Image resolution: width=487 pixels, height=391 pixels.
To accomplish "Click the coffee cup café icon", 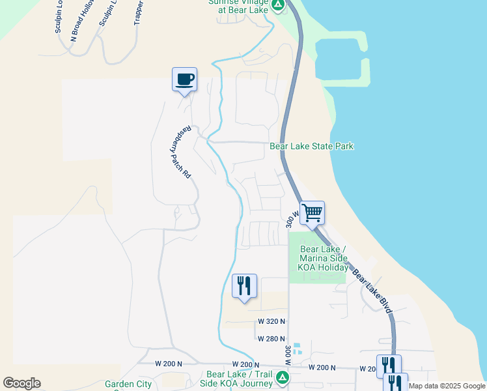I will (x=184, y=80).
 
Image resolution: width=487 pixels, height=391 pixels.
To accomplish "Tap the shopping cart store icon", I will (x=313, y=212).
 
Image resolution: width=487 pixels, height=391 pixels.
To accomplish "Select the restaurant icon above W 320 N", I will (x=244, y=286).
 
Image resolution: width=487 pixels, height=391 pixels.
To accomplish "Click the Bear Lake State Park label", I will (x=312, y=146).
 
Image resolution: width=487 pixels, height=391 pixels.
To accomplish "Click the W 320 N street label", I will (x=271, y=321).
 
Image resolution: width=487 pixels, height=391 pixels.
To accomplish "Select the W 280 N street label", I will (x=271, y=339).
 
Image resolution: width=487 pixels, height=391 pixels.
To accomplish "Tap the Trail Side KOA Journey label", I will (x=238, y=379).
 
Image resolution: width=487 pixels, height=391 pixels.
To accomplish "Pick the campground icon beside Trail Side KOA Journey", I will (x=282, y=377).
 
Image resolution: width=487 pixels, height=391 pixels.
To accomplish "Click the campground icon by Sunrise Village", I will (x=278, y=6).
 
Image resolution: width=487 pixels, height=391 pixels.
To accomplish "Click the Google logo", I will (x=21, y=383).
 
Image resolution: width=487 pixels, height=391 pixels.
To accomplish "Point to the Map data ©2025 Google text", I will (x=447, y=386).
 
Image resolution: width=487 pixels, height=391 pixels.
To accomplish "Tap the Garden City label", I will (x=128, y=384).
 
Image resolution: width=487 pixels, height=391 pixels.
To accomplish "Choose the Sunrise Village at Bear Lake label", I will (x=238, y=5).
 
